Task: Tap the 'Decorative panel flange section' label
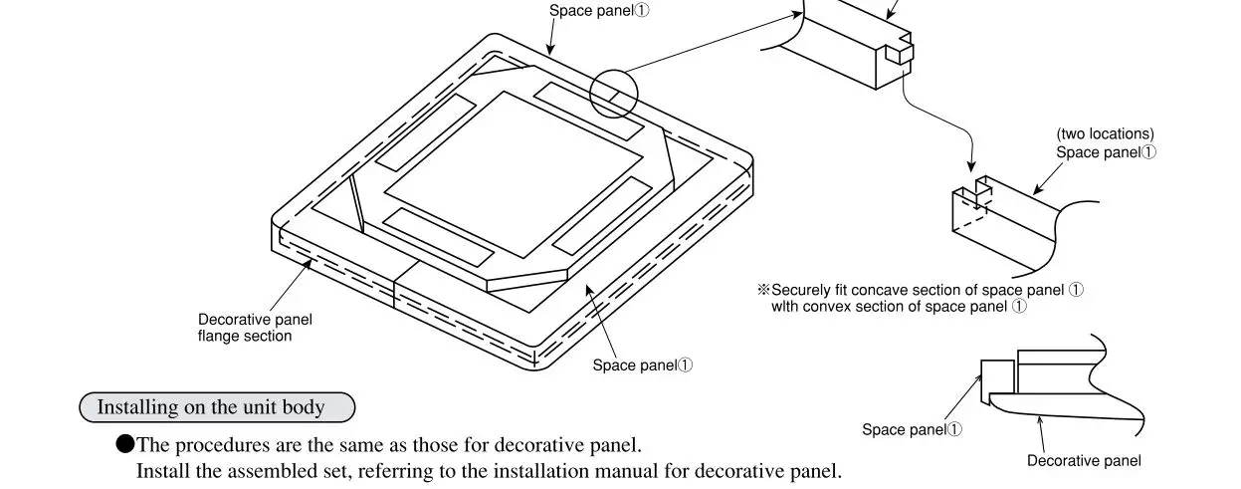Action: coord(255,328)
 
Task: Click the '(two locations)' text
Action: coord(1105,133)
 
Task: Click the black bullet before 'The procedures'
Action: coord(125,444)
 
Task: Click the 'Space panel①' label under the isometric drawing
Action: coord(642,366)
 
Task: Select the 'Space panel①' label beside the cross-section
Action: coord(912,430)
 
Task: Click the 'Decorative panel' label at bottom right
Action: coord(1084,461)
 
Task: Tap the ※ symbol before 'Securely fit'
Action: coord(764,290)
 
